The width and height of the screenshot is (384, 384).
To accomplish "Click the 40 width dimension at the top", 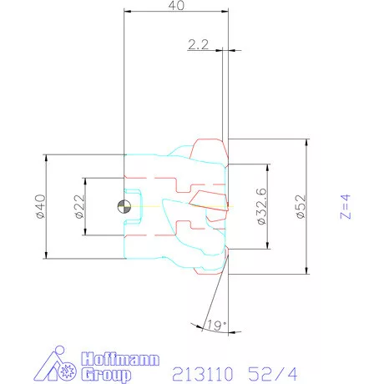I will pos(176,6).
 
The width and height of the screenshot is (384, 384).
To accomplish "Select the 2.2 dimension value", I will pos(198,47).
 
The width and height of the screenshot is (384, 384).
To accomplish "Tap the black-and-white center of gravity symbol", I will pos(124,206).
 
